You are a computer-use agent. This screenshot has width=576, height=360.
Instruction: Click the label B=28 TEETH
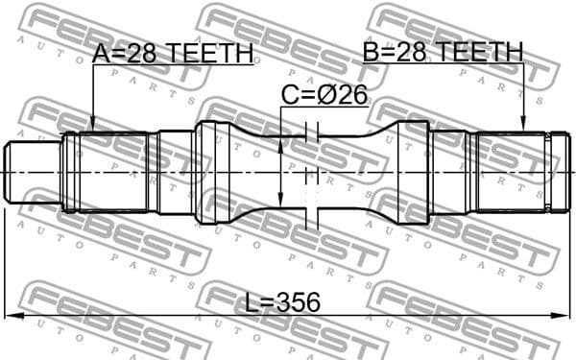pos(443,52)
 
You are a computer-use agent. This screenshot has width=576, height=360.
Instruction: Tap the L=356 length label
pos(282,303)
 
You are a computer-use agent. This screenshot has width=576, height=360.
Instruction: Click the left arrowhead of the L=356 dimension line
pos(12,316)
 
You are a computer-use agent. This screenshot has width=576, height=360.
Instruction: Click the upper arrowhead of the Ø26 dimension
pos(280,144)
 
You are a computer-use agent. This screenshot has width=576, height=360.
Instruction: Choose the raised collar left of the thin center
pos(213,171)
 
